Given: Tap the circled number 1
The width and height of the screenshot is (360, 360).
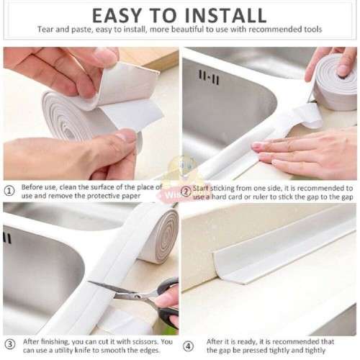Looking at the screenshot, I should (x=9, y=192).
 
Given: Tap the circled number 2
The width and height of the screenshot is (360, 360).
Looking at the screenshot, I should (x=186, y=192).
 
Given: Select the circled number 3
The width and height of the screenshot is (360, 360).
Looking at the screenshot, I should (x=9, y=343).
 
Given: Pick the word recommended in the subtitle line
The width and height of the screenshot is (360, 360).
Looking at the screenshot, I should (x=276, y=29).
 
